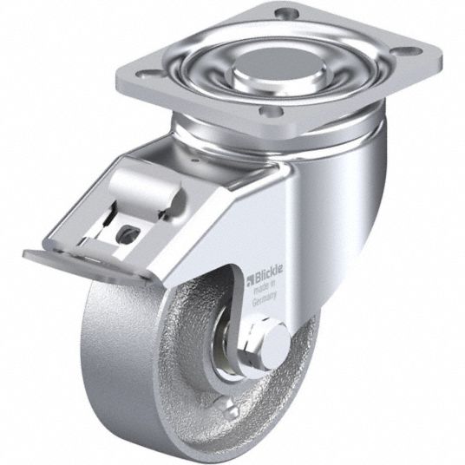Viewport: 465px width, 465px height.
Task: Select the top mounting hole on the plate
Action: coord(287,13)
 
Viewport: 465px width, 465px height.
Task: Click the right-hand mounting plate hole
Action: coord(410,50)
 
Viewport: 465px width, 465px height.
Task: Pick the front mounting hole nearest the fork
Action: coord(271,112)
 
